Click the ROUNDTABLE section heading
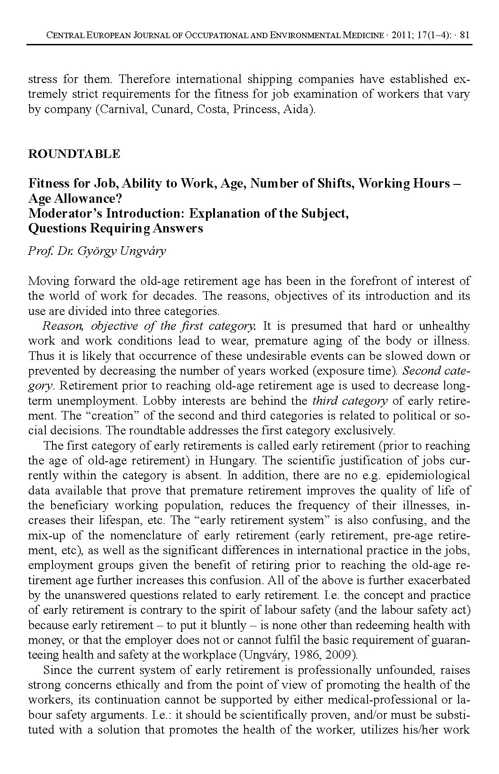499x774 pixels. tap(74, 154)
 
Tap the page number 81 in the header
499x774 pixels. tap(465, 35)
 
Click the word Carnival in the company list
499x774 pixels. tap(122, 109)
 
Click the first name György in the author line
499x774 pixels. tap(96, 251)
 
